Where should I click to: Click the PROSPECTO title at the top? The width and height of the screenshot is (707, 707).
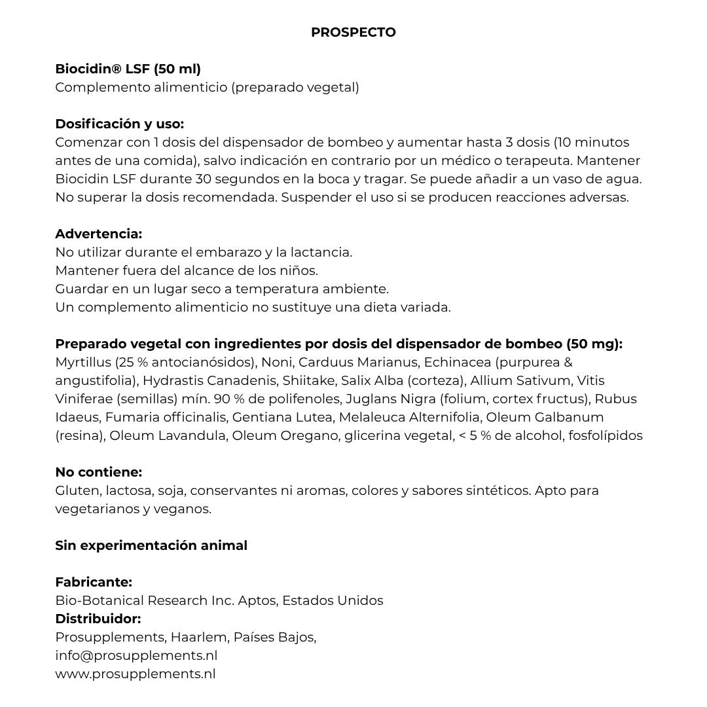point(353,32)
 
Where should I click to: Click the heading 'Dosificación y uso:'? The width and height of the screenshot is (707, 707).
point(119,124)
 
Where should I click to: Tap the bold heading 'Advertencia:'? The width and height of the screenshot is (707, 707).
point(98,234)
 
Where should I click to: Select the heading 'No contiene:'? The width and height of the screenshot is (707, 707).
point(98,472)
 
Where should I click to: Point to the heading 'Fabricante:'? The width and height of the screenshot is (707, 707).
point(94,582)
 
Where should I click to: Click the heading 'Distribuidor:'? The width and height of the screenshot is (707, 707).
point(98,619)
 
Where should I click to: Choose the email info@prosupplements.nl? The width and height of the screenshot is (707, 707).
point(136,655)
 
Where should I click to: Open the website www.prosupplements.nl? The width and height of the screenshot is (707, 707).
point(135,674)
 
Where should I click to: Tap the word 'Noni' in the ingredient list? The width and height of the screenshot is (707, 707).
point(278,362)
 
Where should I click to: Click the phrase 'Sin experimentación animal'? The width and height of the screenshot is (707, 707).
point(151,545)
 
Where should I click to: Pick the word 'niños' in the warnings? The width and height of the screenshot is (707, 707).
point(298,270)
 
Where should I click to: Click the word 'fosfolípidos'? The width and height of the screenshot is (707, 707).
point(605,435)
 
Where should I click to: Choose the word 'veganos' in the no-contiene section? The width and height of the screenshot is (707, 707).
point(185,509)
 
